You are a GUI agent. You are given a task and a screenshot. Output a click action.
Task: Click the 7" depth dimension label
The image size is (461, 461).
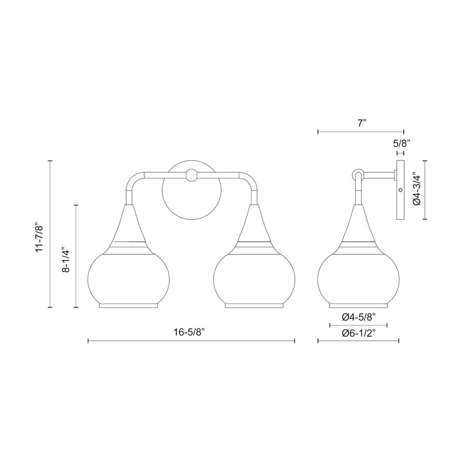point(361,123)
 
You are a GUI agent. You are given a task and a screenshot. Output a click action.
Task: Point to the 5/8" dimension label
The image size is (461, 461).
point(402,143)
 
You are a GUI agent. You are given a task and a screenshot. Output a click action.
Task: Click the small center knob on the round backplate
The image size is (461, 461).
point(192,175)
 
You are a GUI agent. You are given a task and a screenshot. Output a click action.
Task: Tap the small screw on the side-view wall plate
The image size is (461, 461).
point(400,190)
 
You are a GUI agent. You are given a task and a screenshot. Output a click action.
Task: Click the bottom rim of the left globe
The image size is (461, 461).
point(129,306)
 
